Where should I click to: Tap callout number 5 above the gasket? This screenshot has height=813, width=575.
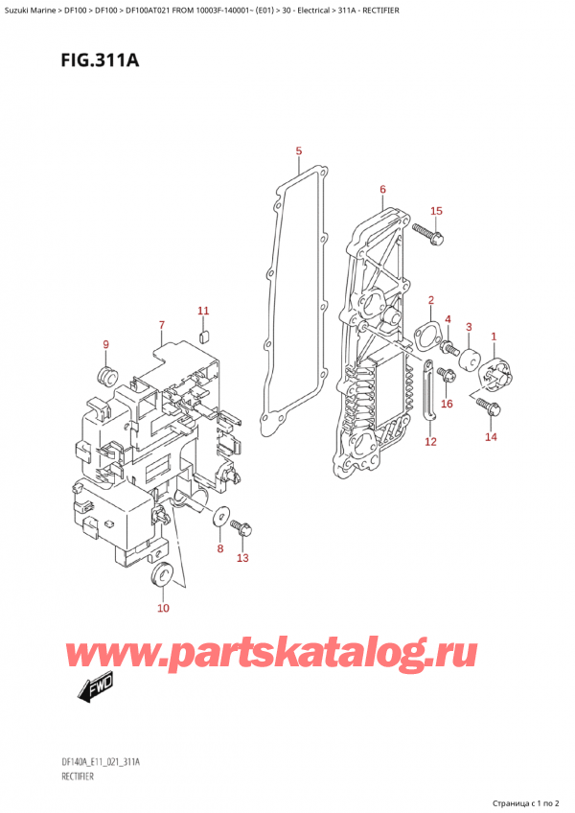pos(299,151)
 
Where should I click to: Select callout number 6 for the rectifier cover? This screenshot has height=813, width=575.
pos(382,190)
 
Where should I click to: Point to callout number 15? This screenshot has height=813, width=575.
pos(436,211)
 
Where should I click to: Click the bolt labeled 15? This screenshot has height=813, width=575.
pos(425,232)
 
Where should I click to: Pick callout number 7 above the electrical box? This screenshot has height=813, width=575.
pos(162,325)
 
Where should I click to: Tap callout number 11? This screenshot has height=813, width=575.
pos(202,311)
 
